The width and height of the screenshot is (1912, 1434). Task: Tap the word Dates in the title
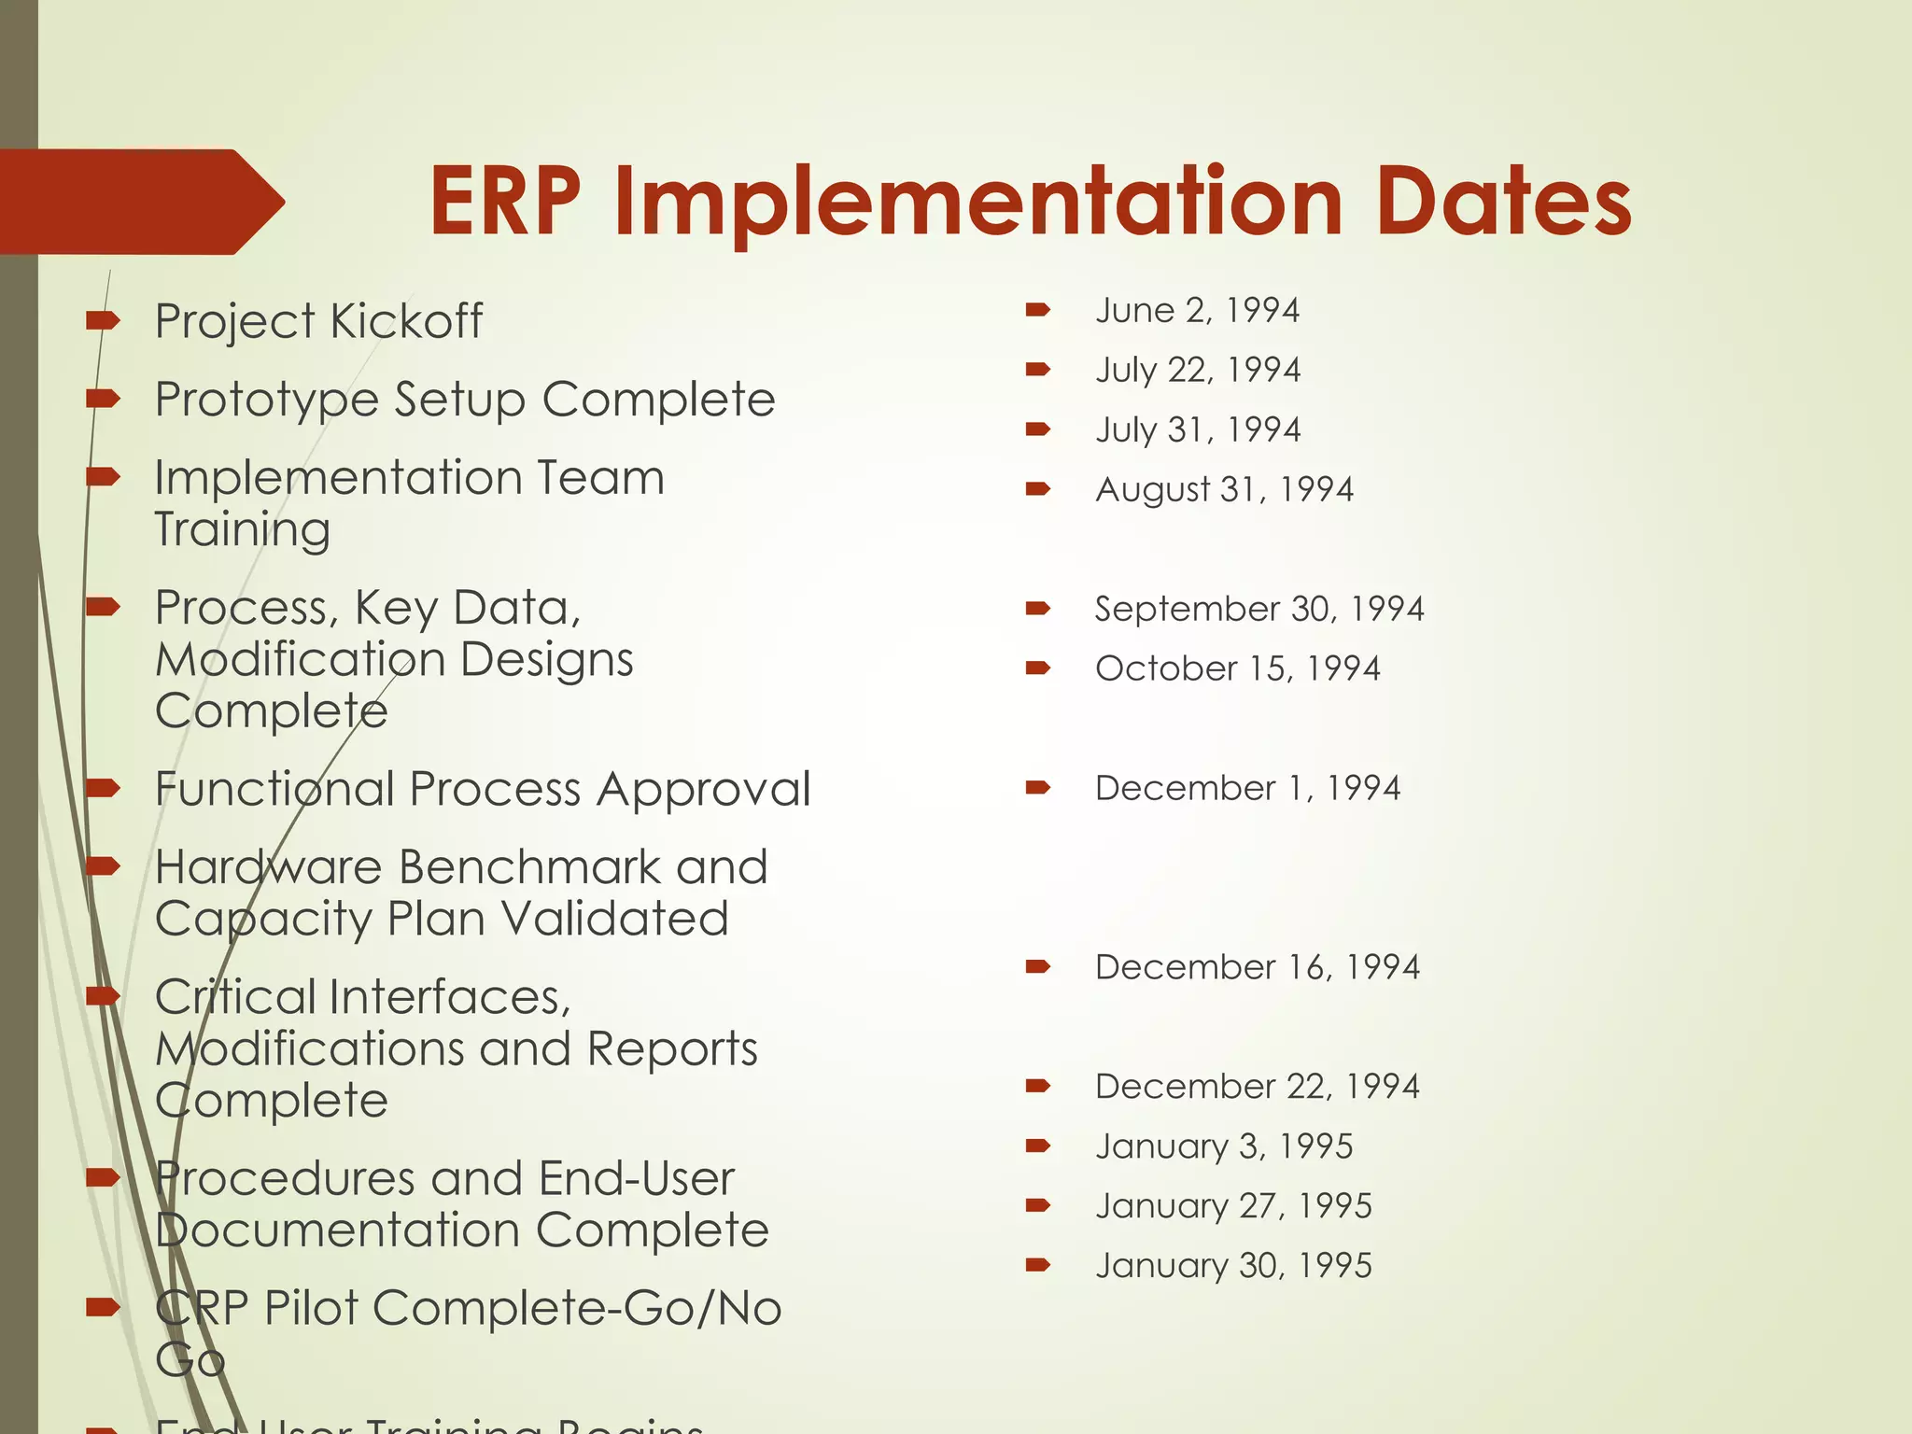tap(1502, 202)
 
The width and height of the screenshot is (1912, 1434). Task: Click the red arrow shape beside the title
tap(140, 202)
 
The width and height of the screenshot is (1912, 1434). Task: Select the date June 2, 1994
tap(1197, 310)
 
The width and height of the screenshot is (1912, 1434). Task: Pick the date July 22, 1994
tap(1197, 370)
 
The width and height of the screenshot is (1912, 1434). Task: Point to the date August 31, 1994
tap(1223, 489)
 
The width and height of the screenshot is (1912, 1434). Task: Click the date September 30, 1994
tap(1258, 609)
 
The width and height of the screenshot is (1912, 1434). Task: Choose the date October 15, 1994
tap(1237, 668)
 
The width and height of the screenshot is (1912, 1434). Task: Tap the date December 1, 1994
tap(1247, 788)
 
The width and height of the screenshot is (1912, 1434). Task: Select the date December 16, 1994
tap(1257, 967)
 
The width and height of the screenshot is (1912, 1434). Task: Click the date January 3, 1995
tap(1223, 1146)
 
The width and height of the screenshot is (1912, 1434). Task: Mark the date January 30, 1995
tap(1232, 1266)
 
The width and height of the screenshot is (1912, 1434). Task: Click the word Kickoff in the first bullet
tap(406, 321)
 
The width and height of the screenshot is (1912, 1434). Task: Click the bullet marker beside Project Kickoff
tap(103, 321)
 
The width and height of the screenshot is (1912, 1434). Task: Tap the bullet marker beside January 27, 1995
tap(1037, 1206)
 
